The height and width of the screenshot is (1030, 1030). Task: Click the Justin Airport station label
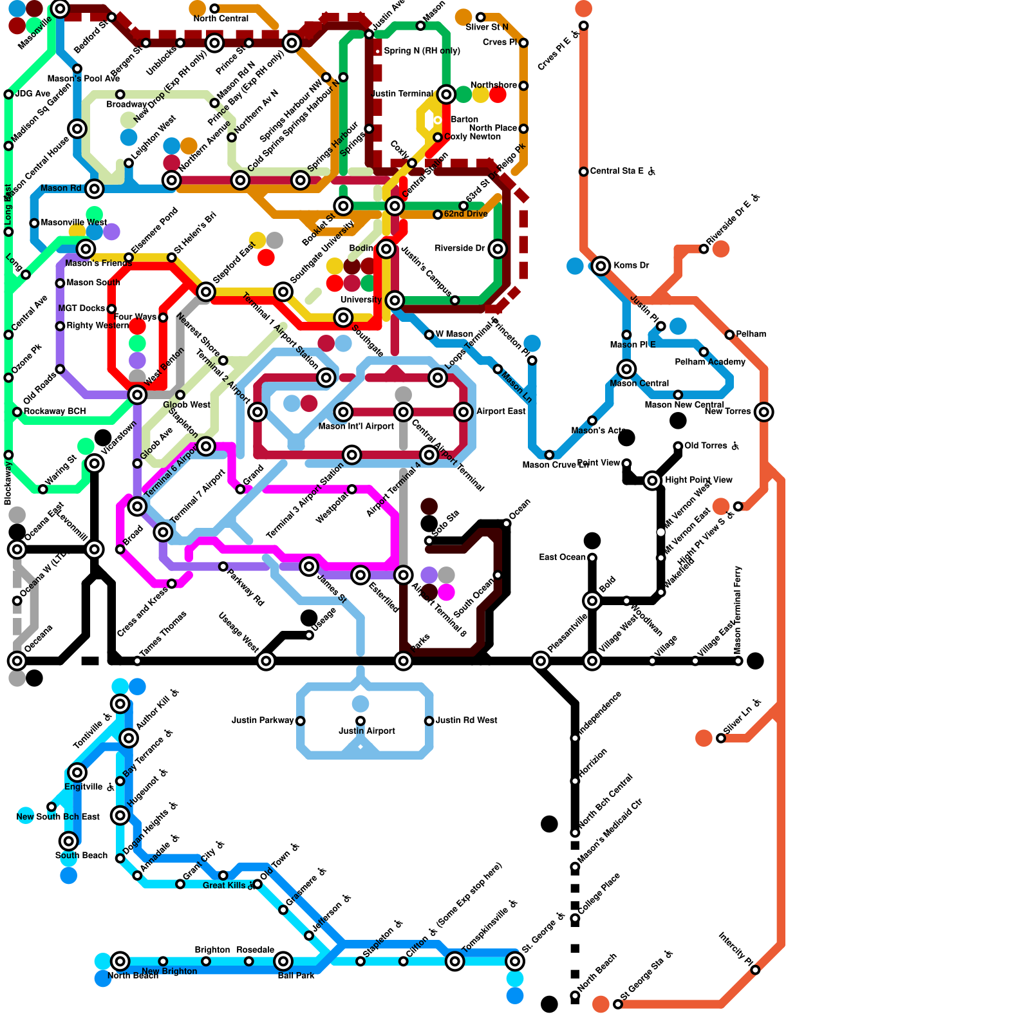click(x=367, y=731)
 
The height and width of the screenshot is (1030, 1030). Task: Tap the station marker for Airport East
click(x=464, y=412)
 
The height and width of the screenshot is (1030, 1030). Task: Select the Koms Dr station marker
click(x=601, y=266)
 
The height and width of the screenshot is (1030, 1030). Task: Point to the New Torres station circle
click(x=764, y=412)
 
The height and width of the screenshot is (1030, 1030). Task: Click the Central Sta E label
click(x=618, y=171)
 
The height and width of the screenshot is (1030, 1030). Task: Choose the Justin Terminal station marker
click(x=446, y=95)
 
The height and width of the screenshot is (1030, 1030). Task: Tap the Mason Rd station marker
click(x=95, y=189)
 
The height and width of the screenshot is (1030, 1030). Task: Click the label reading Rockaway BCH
click(x=55, y=411)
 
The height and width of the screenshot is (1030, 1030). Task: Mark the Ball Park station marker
click(x=283, y=961)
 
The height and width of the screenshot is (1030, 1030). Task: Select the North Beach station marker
click(x=120, y=961)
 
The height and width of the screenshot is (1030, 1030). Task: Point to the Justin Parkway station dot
click(x=301, y=721)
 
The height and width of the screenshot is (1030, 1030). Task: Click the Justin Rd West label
click(x=467, y=720)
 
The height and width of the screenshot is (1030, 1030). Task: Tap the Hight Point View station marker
click(x=652, y=480)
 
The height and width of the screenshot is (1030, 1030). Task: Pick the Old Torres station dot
click(x=678, y=446)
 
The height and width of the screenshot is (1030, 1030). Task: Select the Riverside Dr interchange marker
click(x=498, y=249)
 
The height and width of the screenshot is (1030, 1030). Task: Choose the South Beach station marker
click(x=69, y=841)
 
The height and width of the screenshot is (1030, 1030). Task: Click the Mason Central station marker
click(x=626, y=369)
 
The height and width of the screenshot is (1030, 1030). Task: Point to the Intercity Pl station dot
click(x=755, y=970)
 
